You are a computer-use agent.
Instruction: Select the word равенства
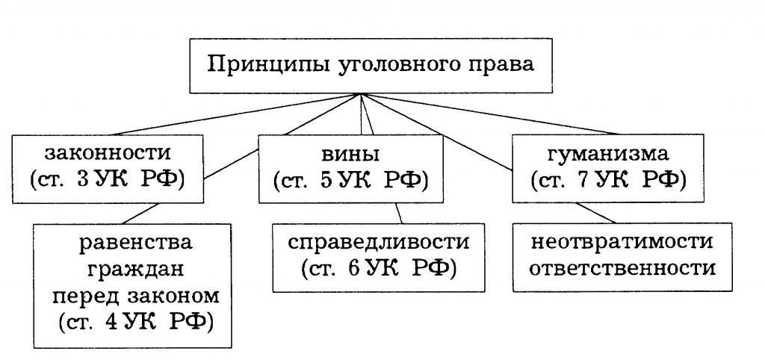(x=132, y=243)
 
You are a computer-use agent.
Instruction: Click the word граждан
(x=132, y=270)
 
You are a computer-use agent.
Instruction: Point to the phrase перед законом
(x=132, y=296)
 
